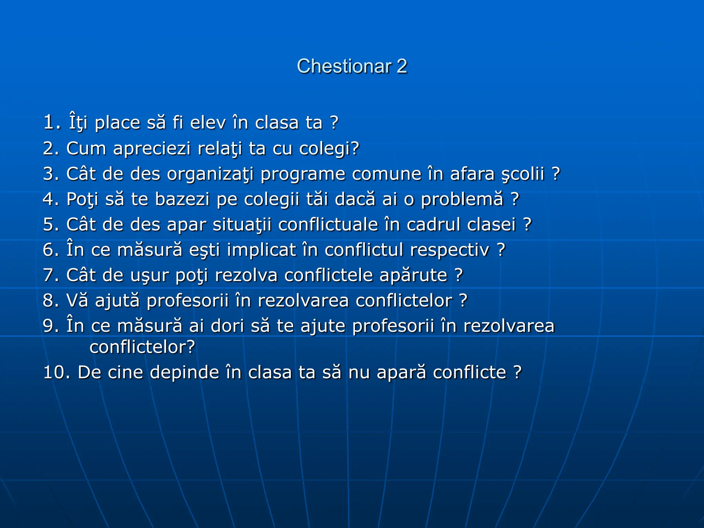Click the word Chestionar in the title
344,66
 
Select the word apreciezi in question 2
152,148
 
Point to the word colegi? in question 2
329,148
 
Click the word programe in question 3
302,174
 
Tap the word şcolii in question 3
522,174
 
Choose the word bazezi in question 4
182,199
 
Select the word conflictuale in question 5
328,225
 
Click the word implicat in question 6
261,250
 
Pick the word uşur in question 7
150,275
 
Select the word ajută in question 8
117,300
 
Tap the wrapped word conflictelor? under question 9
142,347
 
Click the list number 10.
56,373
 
